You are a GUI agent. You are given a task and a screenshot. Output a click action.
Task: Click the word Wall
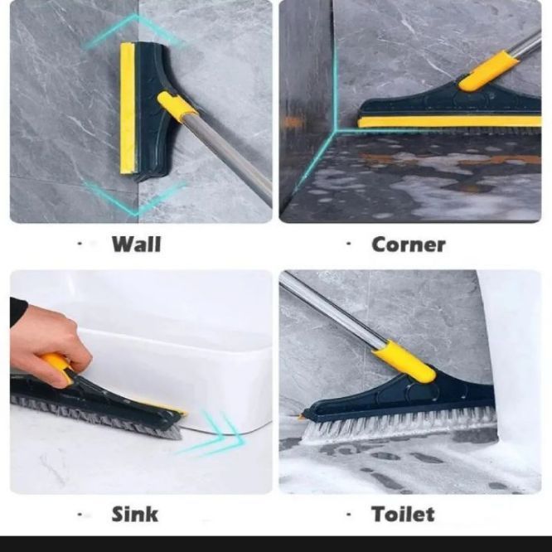(x=136, y=244)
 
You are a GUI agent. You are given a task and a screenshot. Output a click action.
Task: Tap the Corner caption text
(x=408, y=244)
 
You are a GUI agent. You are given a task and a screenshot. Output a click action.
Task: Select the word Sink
(x=135, y=514)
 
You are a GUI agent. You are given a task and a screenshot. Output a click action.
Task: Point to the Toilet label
(x=403, y=514)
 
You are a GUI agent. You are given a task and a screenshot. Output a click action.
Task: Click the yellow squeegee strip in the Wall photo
(x=128, y=108)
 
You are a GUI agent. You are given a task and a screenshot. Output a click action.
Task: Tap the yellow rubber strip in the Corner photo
(x=448, y=122)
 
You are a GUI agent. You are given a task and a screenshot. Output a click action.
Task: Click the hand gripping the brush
(x=46, y=348)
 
